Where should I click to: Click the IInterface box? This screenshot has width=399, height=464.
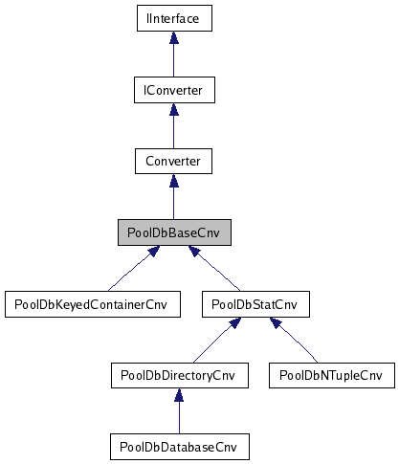172,18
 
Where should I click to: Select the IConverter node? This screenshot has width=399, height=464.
172,90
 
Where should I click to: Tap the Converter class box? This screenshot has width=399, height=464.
172,161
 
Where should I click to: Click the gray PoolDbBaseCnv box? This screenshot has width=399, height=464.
172,232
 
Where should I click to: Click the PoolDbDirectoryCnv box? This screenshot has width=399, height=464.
178,375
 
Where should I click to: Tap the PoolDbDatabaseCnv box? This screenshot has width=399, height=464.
178,446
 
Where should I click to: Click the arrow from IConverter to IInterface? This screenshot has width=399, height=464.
172,57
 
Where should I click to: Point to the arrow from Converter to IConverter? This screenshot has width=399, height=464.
172,128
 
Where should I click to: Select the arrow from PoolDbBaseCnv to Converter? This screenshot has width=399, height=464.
172,200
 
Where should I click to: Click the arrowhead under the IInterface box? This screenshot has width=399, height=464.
172,39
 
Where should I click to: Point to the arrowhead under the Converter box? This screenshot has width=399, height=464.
172,182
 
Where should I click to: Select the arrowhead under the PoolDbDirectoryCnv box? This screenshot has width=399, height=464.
178,395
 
